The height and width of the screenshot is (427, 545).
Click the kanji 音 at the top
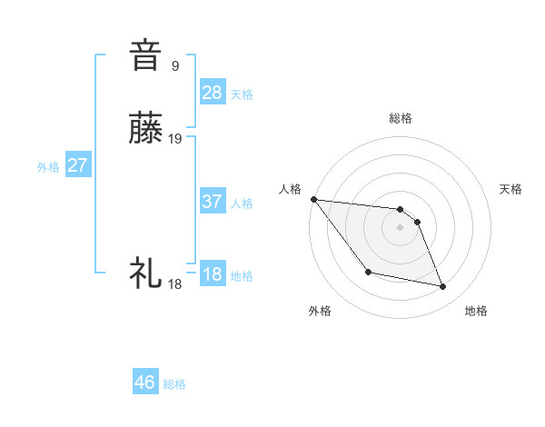[146, 55]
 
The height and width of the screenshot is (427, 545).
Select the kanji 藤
[146, 130]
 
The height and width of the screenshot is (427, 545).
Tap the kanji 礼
[146, 273]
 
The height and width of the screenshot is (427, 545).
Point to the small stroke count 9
[175, 65]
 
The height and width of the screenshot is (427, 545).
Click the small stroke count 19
[175, 139]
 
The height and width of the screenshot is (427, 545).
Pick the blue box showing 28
[213, 92]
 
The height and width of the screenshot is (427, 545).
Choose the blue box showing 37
[213, 202]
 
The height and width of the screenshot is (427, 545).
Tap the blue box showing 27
[78, 165]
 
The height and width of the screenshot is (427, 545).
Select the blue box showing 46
[145, 382]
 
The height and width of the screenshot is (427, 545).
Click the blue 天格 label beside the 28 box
[242, 94]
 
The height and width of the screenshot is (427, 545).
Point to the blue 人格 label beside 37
[242, 204]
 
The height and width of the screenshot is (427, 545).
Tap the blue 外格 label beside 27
[48, 167]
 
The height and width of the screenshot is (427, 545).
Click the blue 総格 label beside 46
[174, 384]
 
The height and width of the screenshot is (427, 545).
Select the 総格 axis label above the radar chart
[400, 118]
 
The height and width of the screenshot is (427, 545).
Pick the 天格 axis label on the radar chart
[511, 189]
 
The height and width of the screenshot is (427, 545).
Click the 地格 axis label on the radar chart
[476, 311]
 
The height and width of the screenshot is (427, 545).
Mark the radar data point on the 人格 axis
[313, 199]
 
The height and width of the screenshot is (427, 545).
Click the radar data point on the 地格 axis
[443, 287]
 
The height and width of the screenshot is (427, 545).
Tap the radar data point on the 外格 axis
[368, 272]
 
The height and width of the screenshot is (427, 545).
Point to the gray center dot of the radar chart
[400, 227]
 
